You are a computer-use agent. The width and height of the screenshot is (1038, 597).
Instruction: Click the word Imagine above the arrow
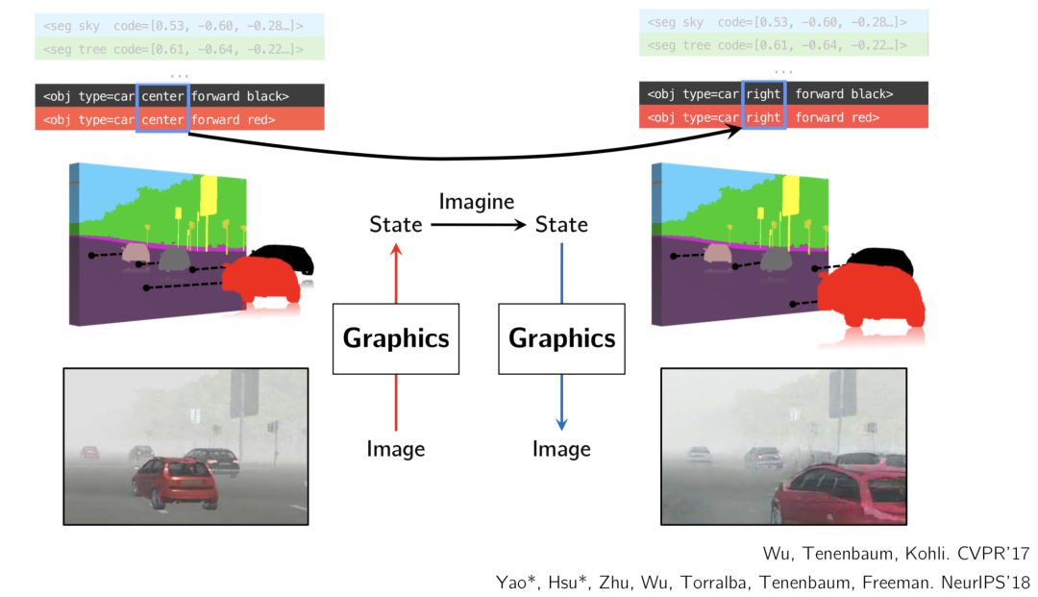(x=477, y=202)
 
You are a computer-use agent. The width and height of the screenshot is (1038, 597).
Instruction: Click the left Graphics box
(x=396, y=338)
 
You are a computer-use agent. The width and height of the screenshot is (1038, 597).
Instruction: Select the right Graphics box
(x=561, y=338)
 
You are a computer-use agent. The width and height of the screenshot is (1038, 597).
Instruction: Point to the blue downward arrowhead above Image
(x=562, y=424)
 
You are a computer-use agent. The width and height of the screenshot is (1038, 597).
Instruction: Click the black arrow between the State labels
(x=479, y=225)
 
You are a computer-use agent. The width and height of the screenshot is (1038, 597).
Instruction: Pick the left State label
(x=396, y=225)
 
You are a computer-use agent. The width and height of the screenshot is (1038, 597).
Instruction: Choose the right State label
(x=561, y=225)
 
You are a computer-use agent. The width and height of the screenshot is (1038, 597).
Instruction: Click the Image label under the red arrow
(x=396, y=449)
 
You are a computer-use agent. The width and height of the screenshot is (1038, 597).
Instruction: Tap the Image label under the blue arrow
(x=562, y=449)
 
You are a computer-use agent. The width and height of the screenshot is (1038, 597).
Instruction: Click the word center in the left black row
(x=161, y=96)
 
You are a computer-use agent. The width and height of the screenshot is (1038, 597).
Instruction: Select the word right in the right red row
(x=763, y=117)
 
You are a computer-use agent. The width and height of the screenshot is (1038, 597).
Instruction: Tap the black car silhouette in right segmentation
(x=879, y=260)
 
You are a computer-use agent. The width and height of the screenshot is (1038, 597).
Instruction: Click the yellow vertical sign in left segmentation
(x=208, y=196)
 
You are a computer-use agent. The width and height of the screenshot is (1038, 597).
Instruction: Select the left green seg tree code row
(x=179, y=48)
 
